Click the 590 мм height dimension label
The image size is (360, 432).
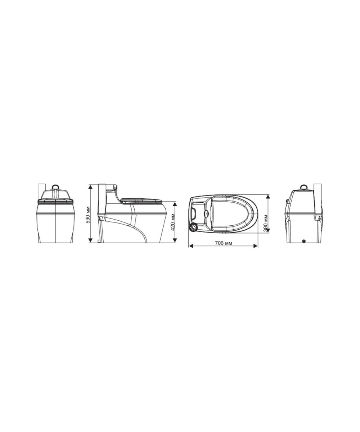[88, 215]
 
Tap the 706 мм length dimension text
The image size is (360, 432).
[224, 243]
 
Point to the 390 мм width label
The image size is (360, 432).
[265, 223]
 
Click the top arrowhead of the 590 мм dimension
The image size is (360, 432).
[90, 186]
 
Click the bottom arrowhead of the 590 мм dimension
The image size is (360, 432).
[90, 240]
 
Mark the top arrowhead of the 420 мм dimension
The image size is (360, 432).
[175, 204]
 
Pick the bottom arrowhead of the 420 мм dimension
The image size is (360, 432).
[175, 240]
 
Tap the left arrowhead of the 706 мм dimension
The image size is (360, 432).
[191, 246]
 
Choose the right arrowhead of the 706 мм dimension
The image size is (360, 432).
[255, 246]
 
